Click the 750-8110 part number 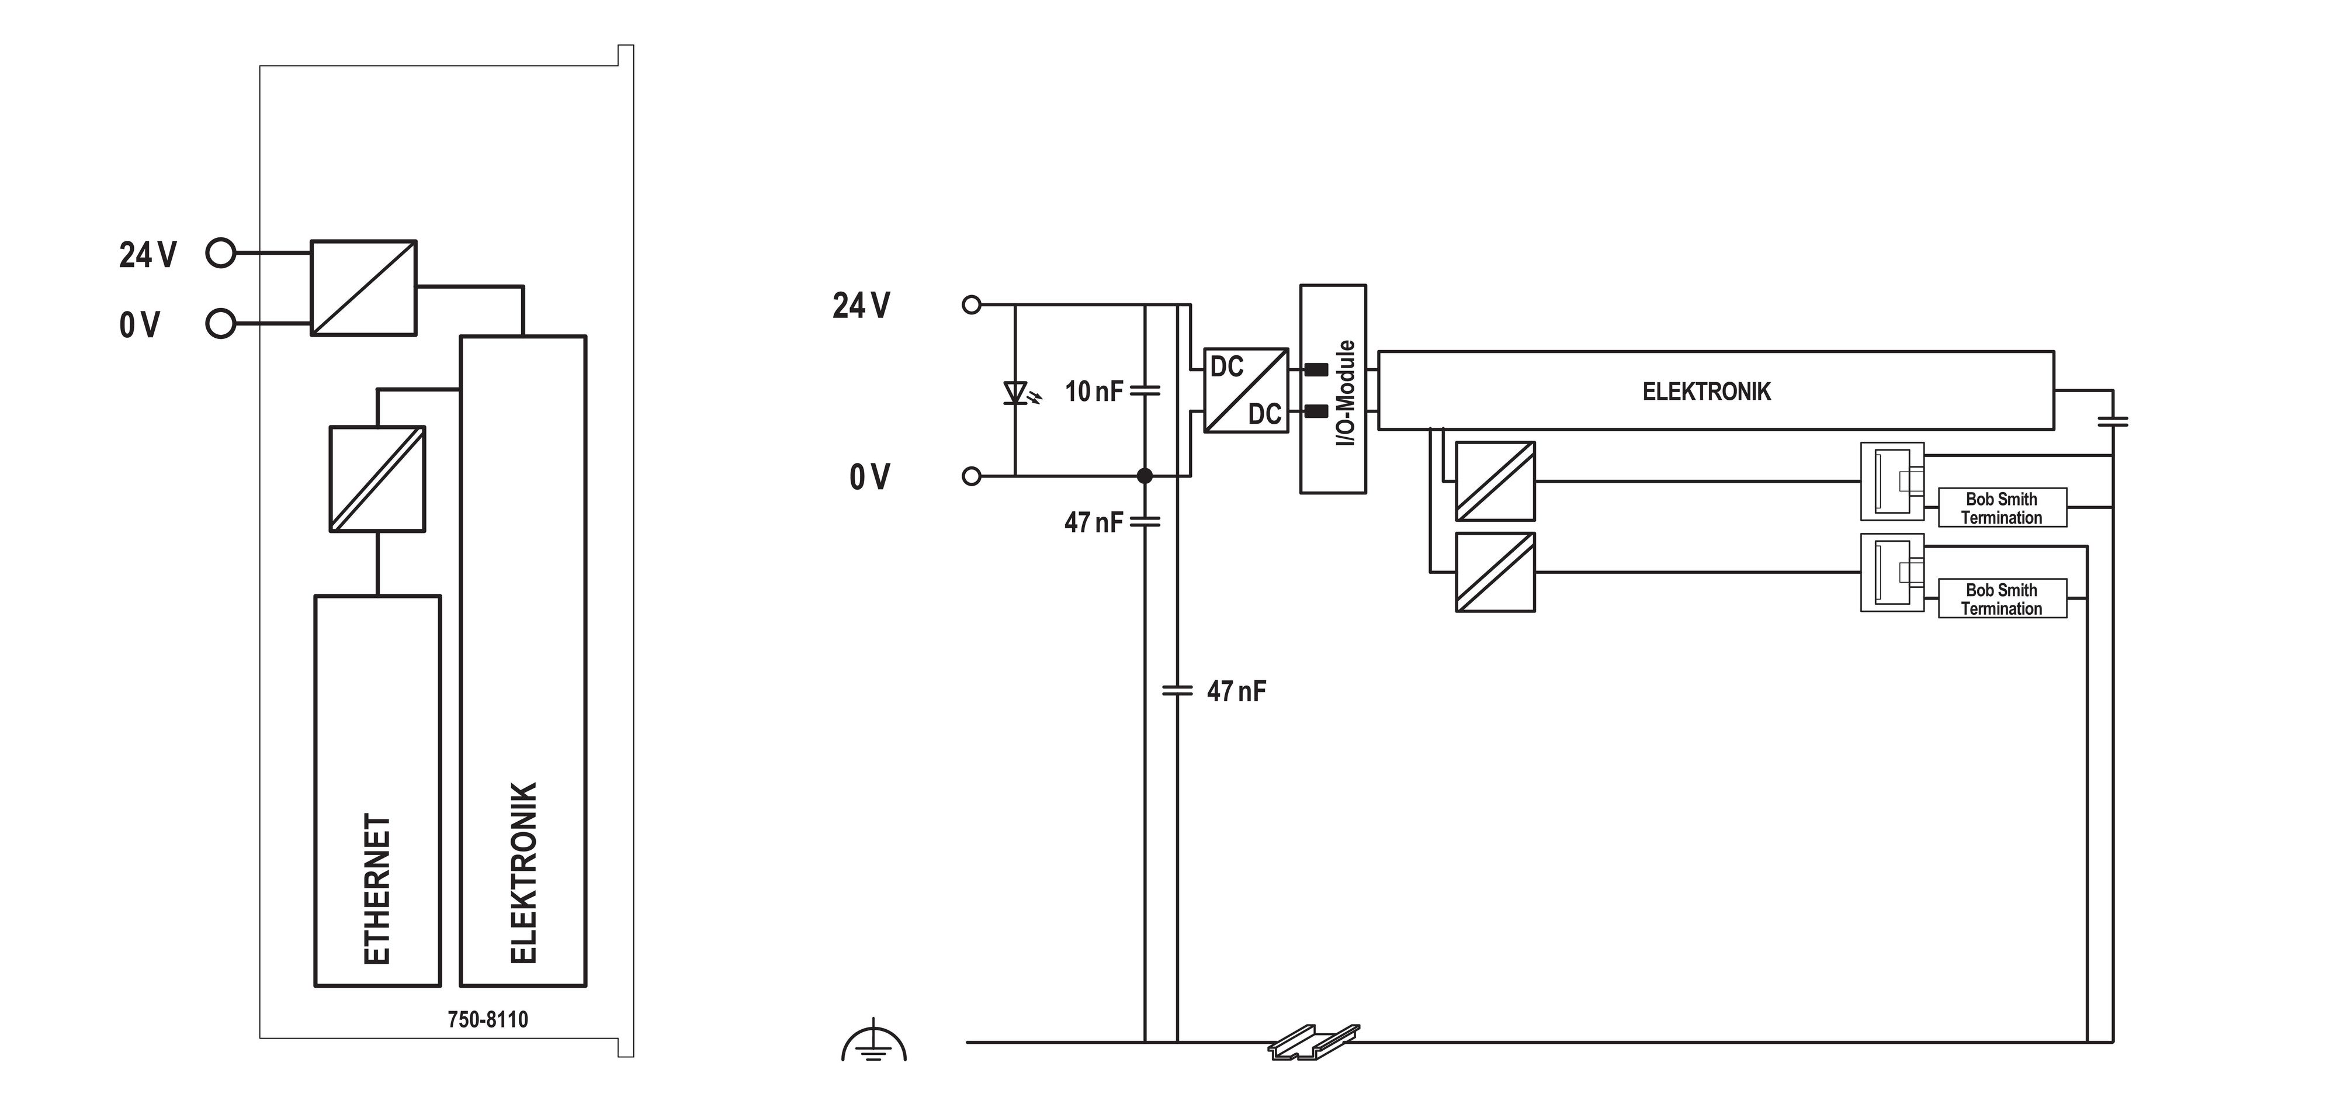(x=487, y=1020)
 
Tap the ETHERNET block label (x=377, y=889)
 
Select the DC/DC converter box (x=1246, y=390)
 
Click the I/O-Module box (x=1333, y=389)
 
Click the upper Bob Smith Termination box (x=2002, y=507)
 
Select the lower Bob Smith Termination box (x=2002, y=598)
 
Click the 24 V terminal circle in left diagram (x=220, y=253)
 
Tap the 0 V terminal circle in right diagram (x=972, y=475)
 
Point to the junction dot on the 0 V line (x=1145, y=475)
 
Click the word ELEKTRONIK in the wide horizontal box (x=1707, y=392)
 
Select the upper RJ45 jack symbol (x=1892, y=481)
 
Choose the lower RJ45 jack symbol (x=1892, y=572)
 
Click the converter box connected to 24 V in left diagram (x=364, y=288)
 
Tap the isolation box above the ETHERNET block (x=377, y=479)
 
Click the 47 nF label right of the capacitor (x=1236, y=691)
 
